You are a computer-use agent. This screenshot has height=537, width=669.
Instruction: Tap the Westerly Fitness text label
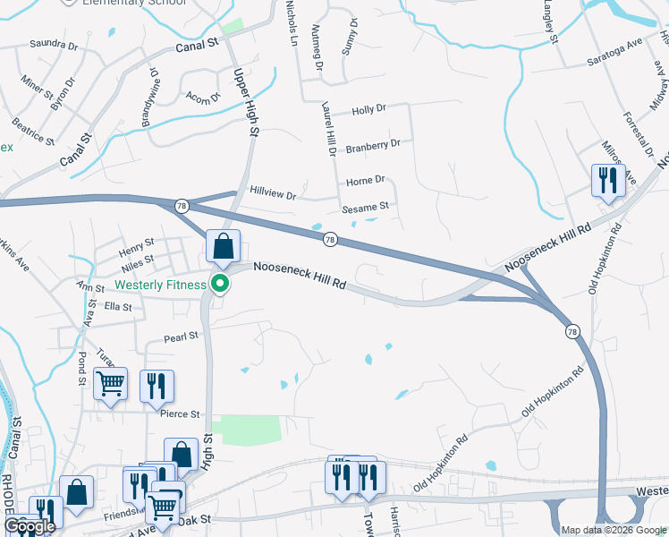coord(162,286)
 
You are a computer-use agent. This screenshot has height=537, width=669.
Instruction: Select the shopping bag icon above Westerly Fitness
coord(223,245)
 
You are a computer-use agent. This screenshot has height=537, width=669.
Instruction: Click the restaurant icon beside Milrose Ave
coord(608,181)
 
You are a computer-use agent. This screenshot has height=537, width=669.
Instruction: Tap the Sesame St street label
coord(366,207)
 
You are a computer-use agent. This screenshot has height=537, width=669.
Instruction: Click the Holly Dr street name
coord(368,109)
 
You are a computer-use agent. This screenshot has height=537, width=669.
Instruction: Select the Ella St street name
coord(118,307)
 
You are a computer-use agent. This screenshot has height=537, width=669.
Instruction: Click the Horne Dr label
coord(365,179)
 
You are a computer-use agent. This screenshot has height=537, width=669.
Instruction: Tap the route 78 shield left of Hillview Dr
coord(182,205)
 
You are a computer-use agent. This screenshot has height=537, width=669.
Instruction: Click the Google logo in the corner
coord(30,526)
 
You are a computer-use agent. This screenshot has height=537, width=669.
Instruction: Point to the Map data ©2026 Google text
coord(614,530)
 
